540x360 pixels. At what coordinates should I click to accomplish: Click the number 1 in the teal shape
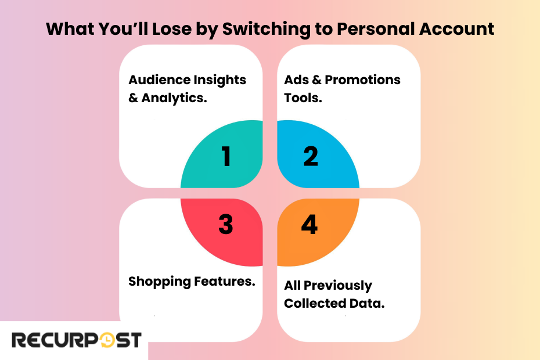tap(226, 157)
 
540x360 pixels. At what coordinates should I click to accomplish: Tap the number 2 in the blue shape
tap(311, 157)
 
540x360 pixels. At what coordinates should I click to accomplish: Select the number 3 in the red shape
tap(226, 225)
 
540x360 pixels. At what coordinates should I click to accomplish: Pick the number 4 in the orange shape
tap(309, 225)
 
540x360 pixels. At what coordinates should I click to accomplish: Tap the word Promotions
tap(363, 80)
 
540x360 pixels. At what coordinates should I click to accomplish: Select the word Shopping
tap(159, 282)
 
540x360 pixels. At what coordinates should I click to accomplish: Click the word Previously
tap(337, 286)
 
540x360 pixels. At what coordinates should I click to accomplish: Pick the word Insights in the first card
tap(220, 80)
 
